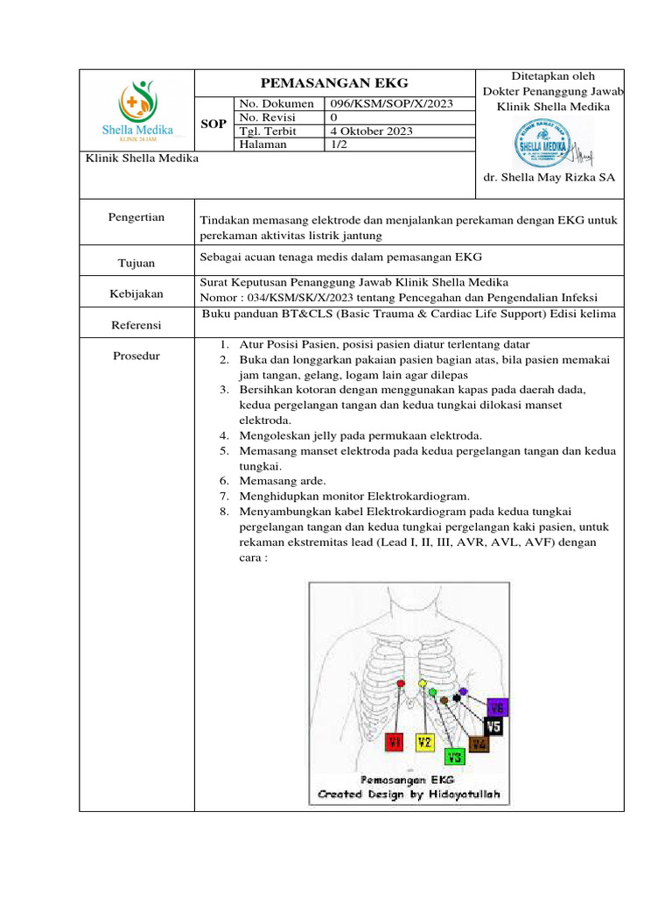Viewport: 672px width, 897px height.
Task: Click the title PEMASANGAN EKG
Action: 335,83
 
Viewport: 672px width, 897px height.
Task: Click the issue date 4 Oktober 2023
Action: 371,131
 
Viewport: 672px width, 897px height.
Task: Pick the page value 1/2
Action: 337,145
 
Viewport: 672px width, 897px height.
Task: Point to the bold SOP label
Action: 214,124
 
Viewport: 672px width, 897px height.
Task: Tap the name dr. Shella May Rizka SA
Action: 549,177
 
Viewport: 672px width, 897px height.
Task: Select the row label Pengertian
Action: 136,217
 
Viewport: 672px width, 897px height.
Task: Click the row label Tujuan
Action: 136,263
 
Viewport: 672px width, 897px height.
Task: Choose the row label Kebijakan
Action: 136,294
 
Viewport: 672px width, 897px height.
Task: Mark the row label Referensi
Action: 136,325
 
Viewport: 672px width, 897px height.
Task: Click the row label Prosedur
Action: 136,357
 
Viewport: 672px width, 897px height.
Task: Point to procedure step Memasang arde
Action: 282,480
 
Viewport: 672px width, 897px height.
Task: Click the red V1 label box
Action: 395,743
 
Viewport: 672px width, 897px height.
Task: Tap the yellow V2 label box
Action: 424,743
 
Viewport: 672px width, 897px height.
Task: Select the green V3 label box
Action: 454,756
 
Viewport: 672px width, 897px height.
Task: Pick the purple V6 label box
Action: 497,707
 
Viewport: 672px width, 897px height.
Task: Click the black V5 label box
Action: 493,726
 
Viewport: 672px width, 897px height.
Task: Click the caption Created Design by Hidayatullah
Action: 409,795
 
